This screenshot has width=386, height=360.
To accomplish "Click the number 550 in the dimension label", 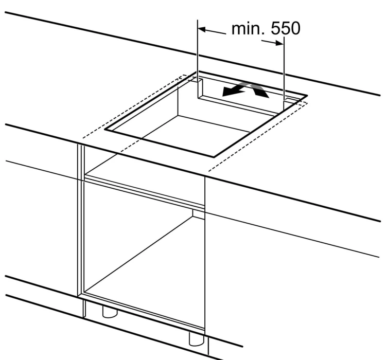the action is tap(286, 28).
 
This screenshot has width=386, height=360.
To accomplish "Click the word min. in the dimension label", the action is tap(248, 28).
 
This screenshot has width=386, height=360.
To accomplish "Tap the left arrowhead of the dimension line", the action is tap(202, 29).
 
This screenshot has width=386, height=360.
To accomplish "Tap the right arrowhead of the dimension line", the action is tap(279, 43).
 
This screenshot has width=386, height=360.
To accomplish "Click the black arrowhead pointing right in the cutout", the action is tap(261, 92).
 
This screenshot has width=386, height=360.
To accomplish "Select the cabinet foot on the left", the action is tap(110, 312).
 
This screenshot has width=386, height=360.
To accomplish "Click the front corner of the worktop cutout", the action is tap(214, 156).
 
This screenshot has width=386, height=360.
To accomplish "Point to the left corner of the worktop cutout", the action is tap(105, 129).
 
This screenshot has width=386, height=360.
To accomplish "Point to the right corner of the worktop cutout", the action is tap(307, 95).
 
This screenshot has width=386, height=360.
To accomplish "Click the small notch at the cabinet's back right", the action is tap(199, 214).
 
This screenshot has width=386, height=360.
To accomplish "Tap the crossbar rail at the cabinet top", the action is tap(144, 192).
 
